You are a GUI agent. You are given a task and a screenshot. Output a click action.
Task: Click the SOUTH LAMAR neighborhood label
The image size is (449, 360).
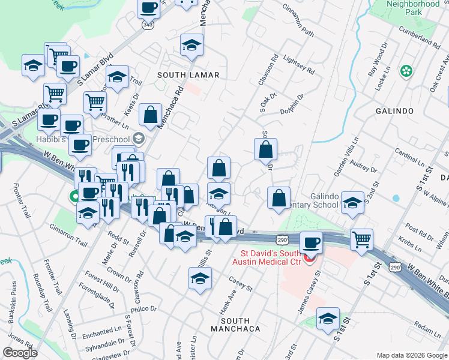click(188, 75)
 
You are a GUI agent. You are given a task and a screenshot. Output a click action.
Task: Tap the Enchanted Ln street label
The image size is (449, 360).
click(103, 332)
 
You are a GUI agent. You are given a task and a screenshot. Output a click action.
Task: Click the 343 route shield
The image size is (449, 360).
click(148, 26)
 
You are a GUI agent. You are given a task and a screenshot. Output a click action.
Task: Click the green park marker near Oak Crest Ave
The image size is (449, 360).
click(407, 71)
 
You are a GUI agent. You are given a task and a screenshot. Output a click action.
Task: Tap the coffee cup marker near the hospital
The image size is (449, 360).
click(311, 243)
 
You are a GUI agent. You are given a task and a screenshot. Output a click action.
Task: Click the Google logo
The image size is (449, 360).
click(20, 353)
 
